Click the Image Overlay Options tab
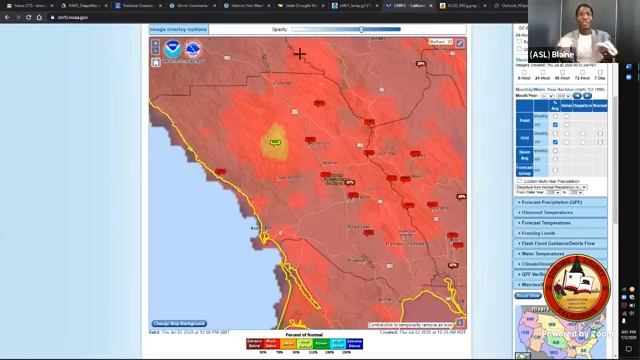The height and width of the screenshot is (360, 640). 179,29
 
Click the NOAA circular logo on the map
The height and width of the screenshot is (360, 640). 173,47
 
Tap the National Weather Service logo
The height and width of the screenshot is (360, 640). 191,47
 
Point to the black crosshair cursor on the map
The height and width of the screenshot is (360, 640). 299,54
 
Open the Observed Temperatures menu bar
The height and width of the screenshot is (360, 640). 561,213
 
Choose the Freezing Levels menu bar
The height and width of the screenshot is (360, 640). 561,233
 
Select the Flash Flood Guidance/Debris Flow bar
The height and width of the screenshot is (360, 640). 561,243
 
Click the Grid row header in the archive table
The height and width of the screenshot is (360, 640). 524,137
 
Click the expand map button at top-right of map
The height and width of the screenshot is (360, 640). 460,43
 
